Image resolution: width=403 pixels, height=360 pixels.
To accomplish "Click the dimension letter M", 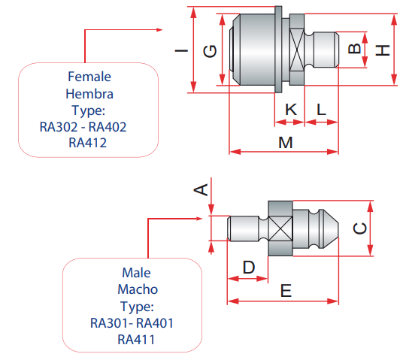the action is pos(286,143).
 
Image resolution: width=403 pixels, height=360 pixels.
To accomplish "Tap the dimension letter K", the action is pos(291,110).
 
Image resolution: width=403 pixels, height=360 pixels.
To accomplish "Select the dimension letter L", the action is pos(321,110).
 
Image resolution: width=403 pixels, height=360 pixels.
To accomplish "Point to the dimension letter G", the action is pos(210,51).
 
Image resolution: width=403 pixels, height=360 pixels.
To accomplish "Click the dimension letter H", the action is pos(383,50).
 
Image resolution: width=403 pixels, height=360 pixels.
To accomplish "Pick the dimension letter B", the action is pos(354,48).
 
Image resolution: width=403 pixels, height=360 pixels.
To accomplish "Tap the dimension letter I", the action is pos(181,50).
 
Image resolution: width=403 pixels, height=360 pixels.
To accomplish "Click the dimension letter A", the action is pos(201,189).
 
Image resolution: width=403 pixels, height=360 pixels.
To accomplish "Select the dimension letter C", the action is pos(360,228).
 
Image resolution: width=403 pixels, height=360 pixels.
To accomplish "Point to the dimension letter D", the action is pos(249,268).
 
